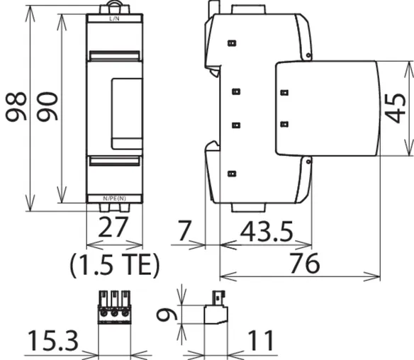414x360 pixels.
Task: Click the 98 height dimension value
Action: pos(16,106)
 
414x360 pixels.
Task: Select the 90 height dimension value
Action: pos(47,106)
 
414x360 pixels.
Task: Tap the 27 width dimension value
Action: pos(113,227)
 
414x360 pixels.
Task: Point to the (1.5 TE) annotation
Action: pos(115,265)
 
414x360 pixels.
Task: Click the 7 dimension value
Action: pos(184,231)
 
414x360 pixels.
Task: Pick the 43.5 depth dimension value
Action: pos(267,232)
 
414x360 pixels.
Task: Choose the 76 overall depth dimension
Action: pos(305,263)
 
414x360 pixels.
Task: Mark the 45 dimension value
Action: pos(396,108)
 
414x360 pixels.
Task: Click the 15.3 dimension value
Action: pos(53,340)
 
